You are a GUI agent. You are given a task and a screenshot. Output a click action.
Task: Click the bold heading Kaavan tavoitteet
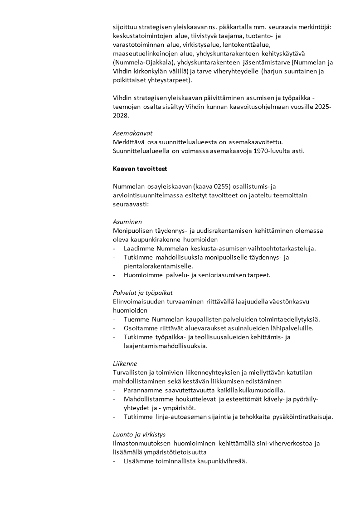click(140, 169)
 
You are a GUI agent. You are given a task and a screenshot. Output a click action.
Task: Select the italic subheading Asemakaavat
click(132, 133)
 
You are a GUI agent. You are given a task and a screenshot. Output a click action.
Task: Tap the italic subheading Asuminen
click(127, 222)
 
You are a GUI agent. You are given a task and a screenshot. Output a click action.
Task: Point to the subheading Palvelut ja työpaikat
click(143, 293)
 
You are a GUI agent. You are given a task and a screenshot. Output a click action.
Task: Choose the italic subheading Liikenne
click(125, 363)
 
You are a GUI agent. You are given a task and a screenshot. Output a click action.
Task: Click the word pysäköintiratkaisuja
click(302, 416)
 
